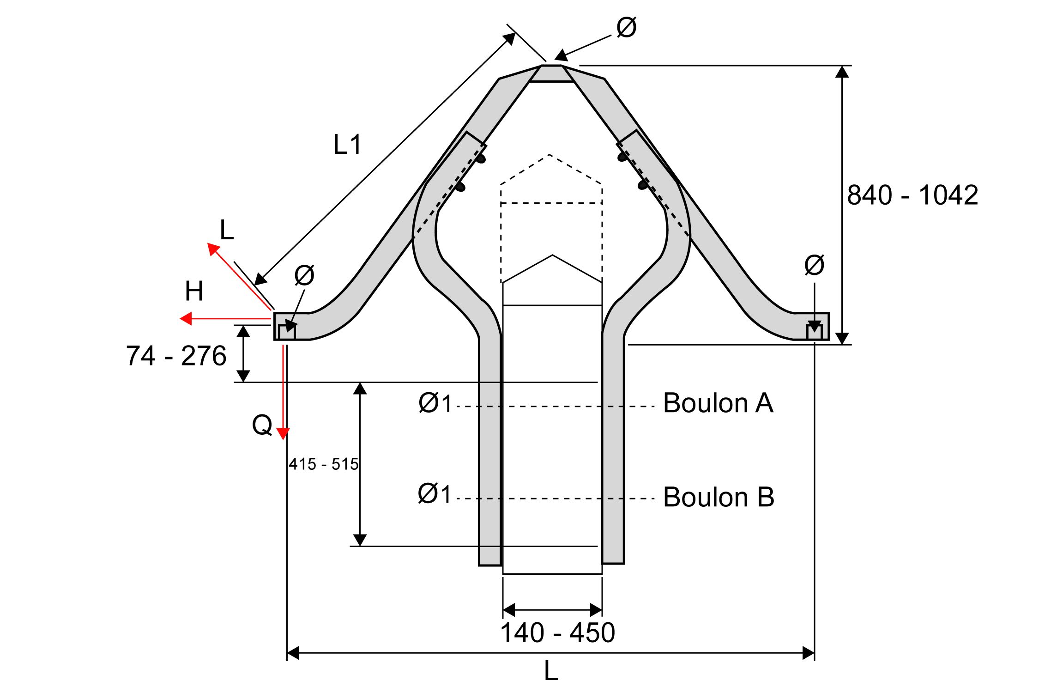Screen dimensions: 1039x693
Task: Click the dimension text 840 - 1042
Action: (x=912, y=195)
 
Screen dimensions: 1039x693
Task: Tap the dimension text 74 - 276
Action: (x=176, y=356)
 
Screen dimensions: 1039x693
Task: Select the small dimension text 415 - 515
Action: (x=323, y=464)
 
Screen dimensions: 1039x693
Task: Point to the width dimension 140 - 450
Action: (x=557, y=632)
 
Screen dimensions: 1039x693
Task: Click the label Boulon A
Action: (x=718, y=403)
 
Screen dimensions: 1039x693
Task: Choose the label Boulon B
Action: (x=719, y=497)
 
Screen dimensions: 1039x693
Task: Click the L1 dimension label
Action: (x=347, y=145)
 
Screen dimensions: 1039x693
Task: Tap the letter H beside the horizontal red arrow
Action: (x=194, y=291)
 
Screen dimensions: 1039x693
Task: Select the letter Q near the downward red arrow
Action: (x=262, y=425)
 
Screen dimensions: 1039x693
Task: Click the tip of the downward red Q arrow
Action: (x=283, y=439)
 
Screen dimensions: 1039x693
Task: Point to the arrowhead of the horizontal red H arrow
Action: (x=180, y=319)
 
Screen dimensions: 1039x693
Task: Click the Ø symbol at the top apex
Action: (x=627, y=27)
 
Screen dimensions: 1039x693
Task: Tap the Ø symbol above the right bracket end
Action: (x=814, y=265)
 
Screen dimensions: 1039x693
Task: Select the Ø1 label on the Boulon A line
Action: (x=435, y=402)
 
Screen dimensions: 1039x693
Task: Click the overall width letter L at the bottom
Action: (x=551, y=671)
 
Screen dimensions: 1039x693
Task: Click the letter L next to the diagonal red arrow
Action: (x=227, y=230)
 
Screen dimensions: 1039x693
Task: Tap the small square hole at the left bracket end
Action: (x=286, y=332)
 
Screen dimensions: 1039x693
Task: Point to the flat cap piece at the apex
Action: (x=552, y=73)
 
